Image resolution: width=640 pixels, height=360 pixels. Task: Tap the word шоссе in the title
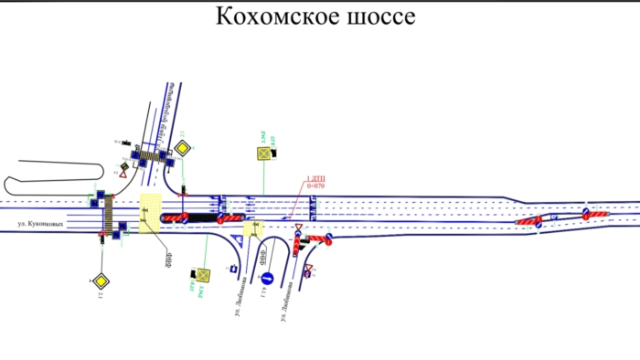[x=381, y=16]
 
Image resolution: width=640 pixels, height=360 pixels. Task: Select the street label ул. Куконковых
[x=45, y=222]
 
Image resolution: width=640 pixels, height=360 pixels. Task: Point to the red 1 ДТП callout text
[x=315, y=178]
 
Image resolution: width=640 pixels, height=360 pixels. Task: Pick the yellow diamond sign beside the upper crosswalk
[x=183, y=148]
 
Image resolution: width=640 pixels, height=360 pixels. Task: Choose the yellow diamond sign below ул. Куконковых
[x=99, y=280]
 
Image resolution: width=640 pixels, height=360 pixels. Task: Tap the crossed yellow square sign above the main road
[x=265, y=154]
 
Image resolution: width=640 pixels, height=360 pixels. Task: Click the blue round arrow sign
[x=267, y=277]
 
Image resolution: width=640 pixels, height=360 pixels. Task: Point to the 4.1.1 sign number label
[x=262, y=292]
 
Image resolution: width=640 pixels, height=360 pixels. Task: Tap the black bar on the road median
[x=197, y=218]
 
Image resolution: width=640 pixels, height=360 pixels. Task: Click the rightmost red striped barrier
[x=600, y=213]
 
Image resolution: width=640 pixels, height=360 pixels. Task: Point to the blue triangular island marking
[x=240, y=239]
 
